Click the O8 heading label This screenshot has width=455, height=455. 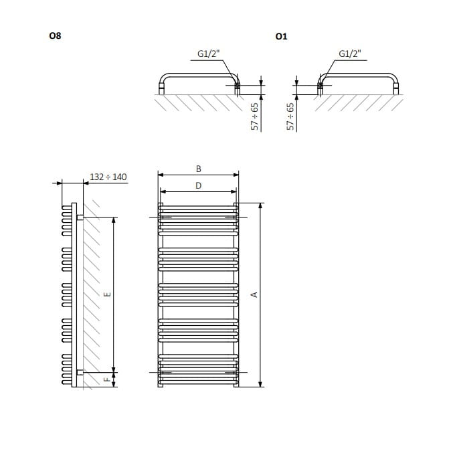pyautogui.click(x=55, y=35)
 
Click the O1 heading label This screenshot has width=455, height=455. pyautogui.click(x=281, y=37)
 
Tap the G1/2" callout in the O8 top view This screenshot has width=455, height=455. pyautogui.click(x=208, y=54)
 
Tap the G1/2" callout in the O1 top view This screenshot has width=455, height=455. pyautogui.click(x=350, y=54)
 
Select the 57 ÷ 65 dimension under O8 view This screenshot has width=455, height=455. pyautogui.click(x=254, y=116)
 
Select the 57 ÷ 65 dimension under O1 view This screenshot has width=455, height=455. pyautogui.click(x=290, y=116)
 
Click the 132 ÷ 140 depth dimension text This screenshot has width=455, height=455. pyautogui.click(x=108, y=177)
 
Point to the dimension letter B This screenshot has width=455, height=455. pyautogui.click(x=199, y=169)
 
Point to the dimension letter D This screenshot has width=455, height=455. pyautogui.click(x=199, y=186)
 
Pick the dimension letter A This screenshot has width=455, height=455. pyautogui.click(x=254, y=295)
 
